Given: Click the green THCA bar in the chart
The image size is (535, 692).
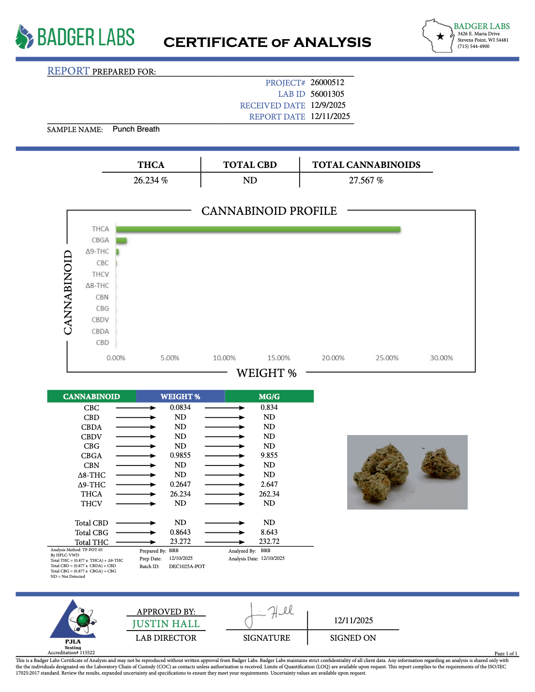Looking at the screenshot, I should [x=258, y=229].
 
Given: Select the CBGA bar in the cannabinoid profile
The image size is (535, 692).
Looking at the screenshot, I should [x=122, y=241].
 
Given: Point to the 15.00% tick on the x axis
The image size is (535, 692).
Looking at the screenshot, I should [x=278, y=358].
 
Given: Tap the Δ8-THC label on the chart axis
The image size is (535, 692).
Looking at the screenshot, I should [x=97, y=286].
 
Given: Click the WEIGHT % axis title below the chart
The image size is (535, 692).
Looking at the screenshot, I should [x=266, y=373].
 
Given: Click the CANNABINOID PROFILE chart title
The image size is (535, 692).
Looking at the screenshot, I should [x=269, y=211].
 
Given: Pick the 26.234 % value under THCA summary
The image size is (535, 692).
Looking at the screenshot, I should [x=151, y=181].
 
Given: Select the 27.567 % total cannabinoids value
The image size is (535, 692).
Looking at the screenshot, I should [x=366, y=181].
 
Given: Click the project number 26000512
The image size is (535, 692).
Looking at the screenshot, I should [x=327, y=82].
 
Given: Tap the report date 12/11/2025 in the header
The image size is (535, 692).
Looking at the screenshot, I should [x=330, y=116].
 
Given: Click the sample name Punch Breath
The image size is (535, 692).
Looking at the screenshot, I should [x=136, y=129].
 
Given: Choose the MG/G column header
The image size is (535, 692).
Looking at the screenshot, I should [x=269, y=396].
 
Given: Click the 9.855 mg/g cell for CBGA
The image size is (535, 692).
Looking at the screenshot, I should [x=269, y=455].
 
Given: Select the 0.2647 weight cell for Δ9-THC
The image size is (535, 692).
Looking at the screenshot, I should [x=180, y=484].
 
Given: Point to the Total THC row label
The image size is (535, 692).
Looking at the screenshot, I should [x=92, y=542].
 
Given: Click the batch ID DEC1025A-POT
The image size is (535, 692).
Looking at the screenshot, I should [x=187, y=566].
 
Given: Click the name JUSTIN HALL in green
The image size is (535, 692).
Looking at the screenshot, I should [x=166, y=624].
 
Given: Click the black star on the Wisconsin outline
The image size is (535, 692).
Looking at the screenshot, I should [x=440, y=36].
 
